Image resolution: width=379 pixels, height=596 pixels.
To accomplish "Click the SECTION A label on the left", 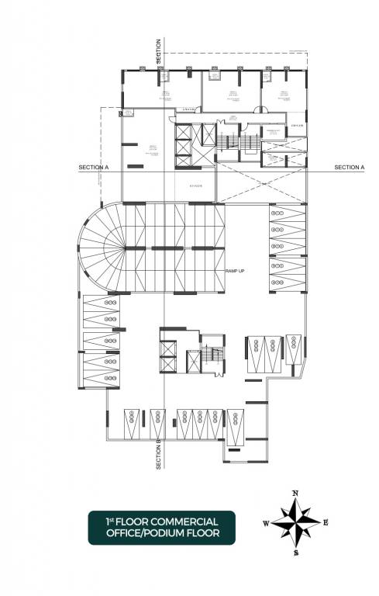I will (94, 168).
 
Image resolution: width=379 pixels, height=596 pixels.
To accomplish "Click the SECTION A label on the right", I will (350, 168).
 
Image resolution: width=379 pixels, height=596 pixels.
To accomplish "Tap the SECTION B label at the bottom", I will (158, 454).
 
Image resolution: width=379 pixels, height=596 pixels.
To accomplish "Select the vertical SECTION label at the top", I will (158, 51).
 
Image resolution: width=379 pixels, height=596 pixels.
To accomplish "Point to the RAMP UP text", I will (236, 271).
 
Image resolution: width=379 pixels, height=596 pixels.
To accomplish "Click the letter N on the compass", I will (295, 494).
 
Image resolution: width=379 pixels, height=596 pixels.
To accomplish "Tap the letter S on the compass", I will (296, 553).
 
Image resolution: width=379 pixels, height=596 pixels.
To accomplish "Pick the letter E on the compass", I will (326, 523).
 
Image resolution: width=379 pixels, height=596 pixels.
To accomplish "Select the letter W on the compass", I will (266, 524).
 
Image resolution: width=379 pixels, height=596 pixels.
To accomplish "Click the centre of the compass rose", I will (296, 523).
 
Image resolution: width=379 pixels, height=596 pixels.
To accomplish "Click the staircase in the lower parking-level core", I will (212, 359).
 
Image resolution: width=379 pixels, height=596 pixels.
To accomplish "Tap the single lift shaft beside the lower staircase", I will (193, 361).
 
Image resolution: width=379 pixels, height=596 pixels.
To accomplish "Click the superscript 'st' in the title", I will (114, 518).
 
